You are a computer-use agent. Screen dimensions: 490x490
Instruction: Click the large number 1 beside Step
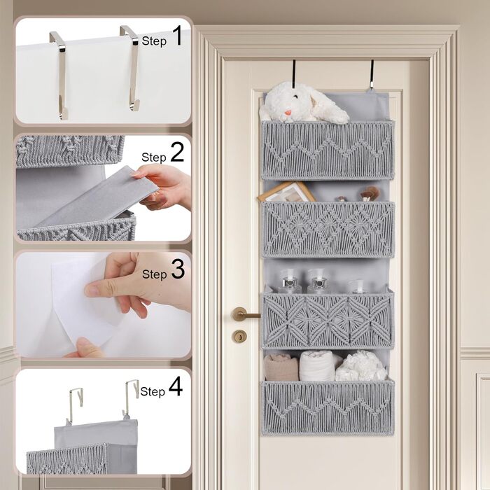(x=177, y=36)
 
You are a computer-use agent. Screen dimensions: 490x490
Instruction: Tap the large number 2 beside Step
(x=177, y=152)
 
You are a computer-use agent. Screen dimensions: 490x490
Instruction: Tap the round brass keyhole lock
(x=239, y=336)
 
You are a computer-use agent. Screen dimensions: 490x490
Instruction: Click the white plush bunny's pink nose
(x=288, y=113)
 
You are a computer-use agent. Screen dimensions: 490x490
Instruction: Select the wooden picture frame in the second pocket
(x=286, y=192)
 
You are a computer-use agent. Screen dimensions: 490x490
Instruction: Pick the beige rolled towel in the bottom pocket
(x=281, y=367)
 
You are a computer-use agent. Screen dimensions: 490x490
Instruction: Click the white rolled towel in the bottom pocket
(x=316, y=365)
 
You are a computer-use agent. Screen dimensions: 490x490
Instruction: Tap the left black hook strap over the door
(x=294, y=73)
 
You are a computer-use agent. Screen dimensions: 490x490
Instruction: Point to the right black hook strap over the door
(x=372, y=73)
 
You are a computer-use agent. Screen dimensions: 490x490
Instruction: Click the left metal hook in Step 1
(x=60, y=75)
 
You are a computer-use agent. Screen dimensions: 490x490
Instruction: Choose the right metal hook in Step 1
(x=132, y=67)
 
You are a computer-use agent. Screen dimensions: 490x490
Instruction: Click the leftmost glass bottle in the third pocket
(x=289, y=281)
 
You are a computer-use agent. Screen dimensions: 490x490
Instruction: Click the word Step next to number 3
(x=155, y=274)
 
